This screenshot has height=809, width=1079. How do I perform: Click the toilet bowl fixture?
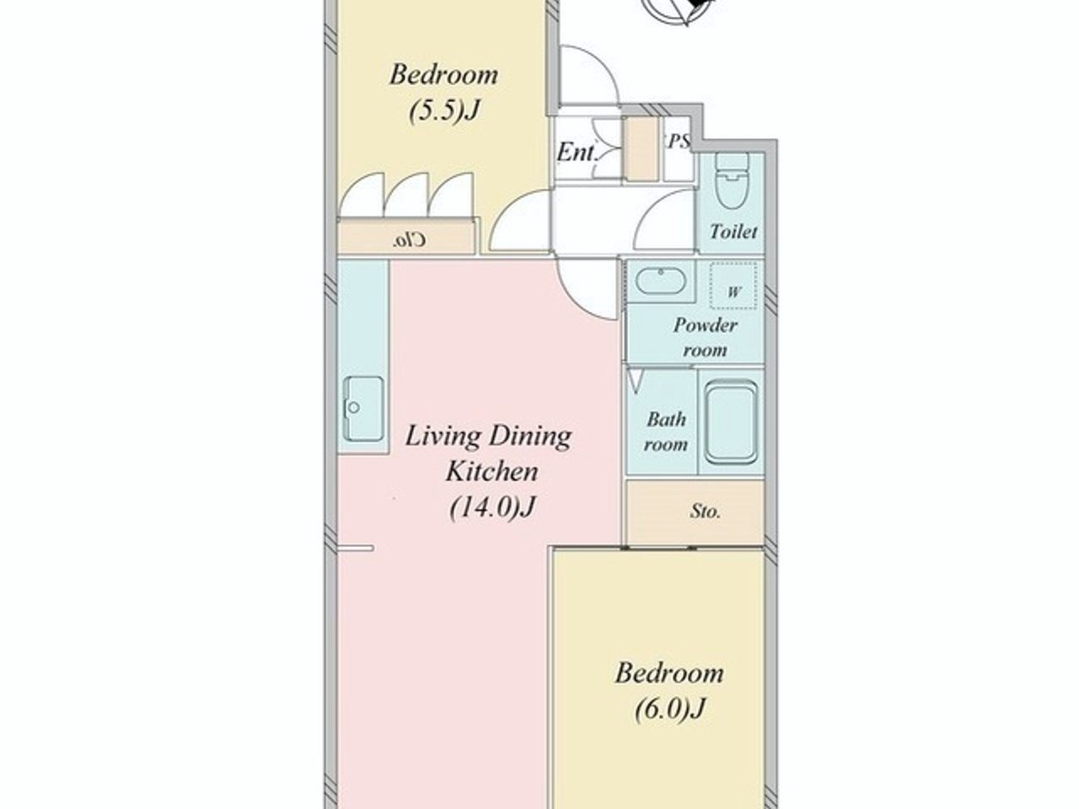tap(732, 179)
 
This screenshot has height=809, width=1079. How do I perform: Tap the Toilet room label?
tap(733, 232)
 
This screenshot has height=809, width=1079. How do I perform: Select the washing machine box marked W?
tap(733, 286)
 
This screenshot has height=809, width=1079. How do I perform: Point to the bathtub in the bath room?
tap(731, 422)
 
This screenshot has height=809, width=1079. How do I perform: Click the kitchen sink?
tap(364, 409)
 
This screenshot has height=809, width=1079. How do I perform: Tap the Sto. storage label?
tap(706, 512)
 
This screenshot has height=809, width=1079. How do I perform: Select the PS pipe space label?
tap(679, 142)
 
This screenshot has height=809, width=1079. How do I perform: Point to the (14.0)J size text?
tap(492, 507)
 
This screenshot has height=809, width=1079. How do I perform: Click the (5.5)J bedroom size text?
tap(444, 111)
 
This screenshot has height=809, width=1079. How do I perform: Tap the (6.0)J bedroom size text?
tap(670, 709)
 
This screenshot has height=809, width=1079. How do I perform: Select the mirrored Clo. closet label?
tap(410, 240)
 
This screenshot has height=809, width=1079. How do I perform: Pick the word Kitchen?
tap(492, 472)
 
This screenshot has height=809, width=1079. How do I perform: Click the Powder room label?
tap(706, 337)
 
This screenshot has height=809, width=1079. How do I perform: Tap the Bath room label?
tap(666, 431)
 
